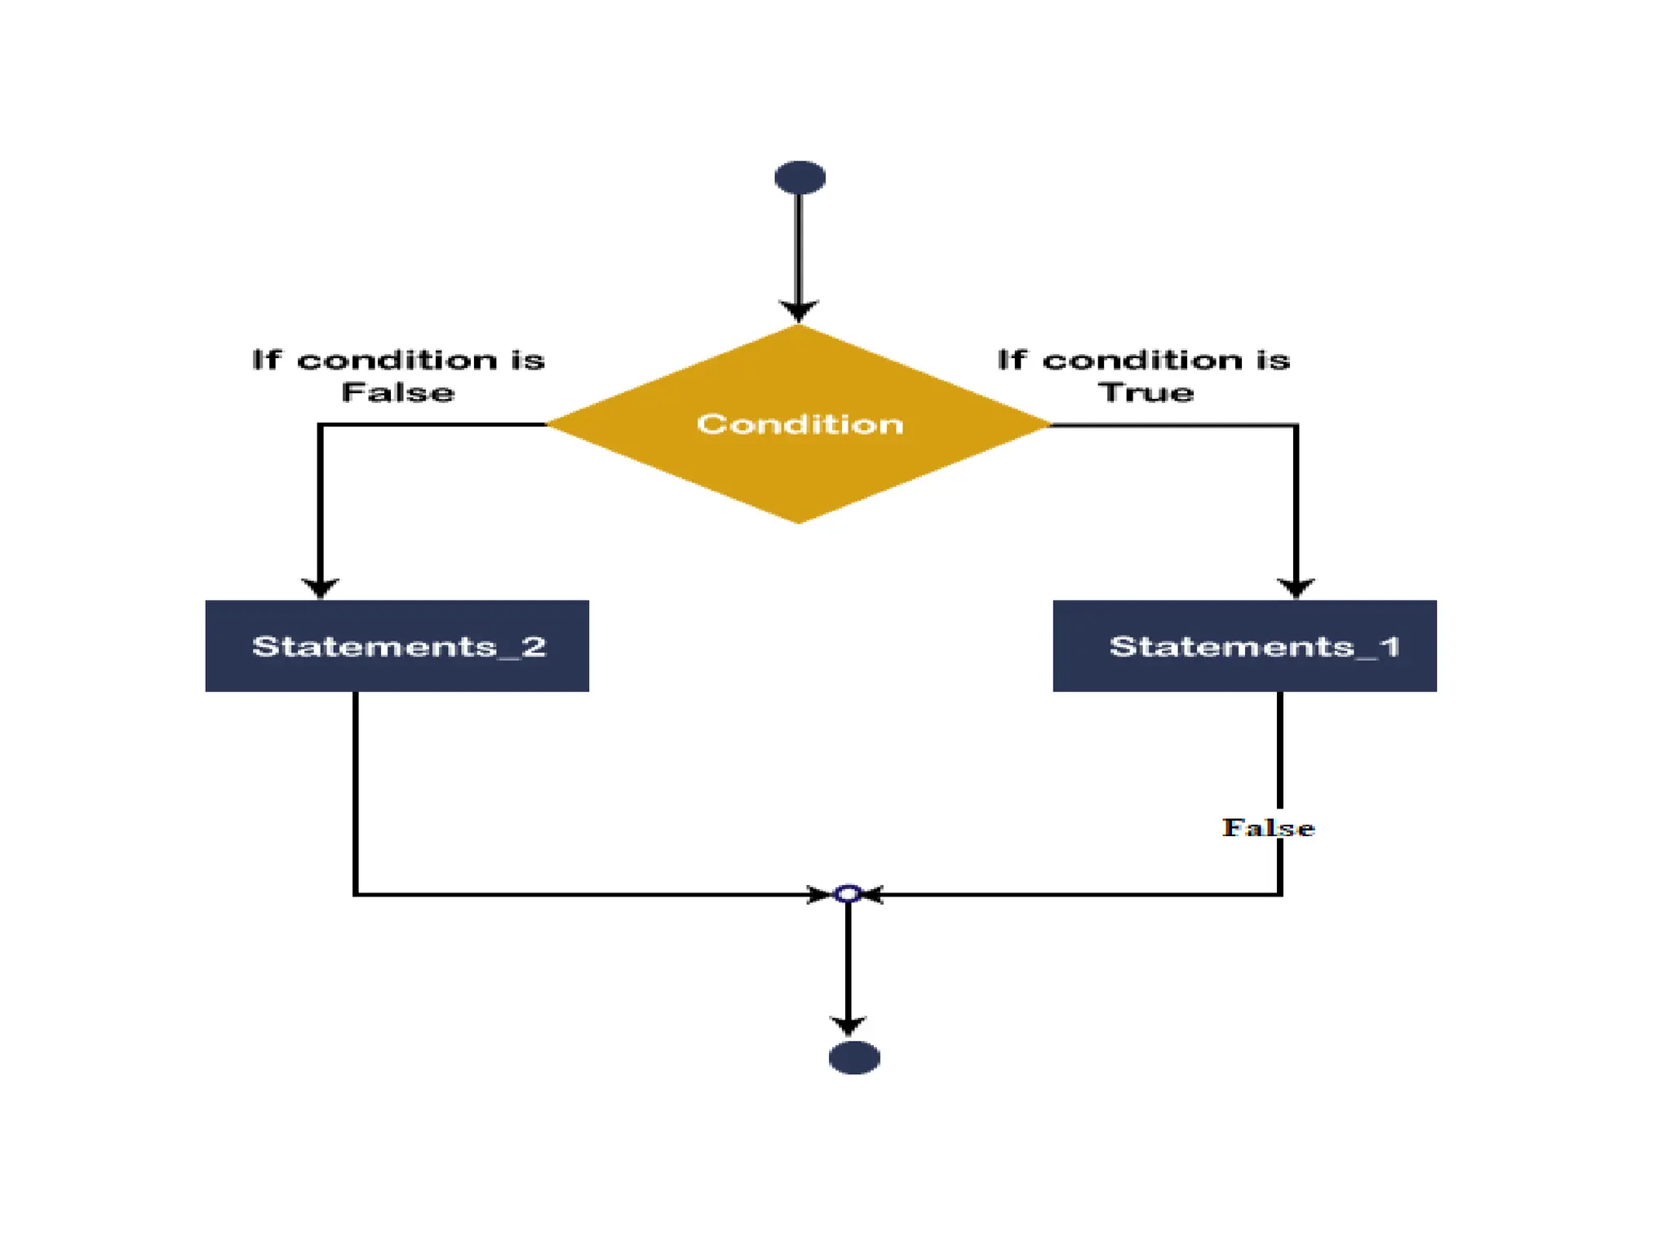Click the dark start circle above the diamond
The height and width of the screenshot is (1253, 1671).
pos(800,177)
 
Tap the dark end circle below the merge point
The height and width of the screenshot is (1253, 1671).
pos(853,1057)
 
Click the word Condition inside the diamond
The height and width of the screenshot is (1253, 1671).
pos(800,424)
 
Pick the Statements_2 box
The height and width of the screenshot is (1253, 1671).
pos(397,646)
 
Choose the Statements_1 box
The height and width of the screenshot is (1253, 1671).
pos(1244,646)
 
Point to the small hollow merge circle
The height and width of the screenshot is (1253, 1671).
pos(848,894)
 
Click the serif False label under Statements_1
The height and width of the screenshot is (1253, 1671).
pos(1268,828)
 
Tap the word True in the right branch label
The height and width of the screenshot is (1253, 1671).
pos(1146,392)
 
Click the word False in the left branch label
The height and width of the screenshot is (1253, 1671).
pos(398,392)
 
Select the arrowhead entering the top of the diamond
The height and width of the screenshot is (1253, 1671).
pos(798,311)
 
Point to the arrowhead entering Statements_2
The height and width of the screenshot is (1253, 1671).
pos(321,587)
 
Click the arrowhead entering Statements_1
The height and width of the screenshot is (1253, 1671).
pos(1296,587)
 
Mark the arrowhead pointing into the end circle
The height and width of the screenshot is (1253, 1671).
pos(849,1025)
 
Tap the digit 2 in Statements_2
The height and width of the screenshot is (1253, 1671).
pos(534,646)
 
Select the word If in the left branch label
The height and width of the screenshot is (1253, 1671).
pos(266,360)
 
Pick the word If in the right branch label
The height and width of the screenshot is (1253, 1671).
pos(1012,360)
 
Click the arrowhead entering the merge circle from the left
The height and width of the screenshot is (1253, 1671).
pos(818,895)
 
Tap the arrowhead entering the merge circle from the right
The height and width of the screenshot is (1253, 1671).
pos(872,895)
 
